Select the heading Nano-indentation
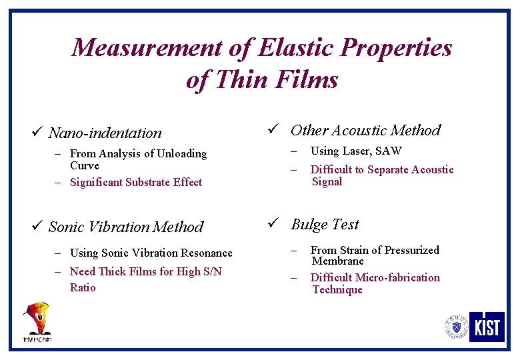tap(105, 133)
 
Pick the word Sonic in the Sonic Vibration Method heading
tap(66, 227)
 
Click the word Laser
tap(357, 151)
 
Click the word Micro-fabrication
tap(398, 278)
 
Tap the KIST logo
tap(487, 327)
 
